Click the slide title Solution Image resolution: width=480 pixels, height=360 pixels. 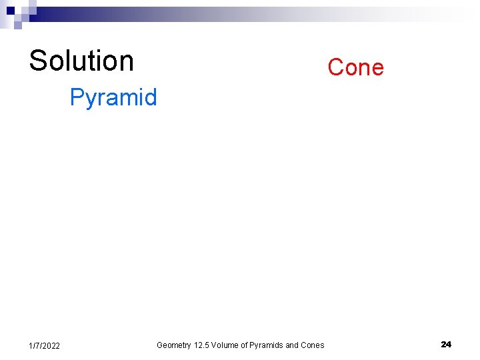click(x=81, y=61)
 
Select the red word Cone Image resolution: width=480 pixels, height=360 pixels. click(x=355, y=67)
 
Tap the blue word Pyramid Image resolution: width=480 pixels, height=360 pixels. click(x=113, y=98)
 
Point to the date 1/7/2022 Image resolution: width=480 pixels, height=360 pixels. click(x=45, y=345)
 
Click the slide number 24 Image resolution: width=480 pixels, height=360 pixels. click(x=446, y=344)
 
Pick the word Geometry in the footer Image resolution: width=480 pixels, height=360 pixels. click(x=173, y=345)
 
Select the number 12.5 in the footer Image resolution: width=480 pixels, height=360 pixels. click(x=203, y=345)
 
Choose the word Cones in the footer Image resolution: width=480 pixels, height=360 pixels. click(x=313, y=345)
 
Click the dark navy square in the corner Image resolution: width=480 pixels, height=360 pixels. click(x=11, y=11)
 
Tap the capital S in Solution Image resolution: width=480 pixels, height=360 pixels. click(x=37, y=61)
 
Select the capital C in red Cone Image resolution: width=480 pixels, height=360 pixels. click(x=335, y=67)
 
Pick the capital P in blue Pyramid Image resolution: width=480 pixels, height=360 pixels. click(x=77, y=97)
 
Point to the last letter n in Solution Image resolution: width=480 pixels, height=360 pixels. click(x=127, y=63)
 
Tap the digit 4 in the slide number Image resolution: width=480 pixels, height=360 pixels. click(x=449, y=344)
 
